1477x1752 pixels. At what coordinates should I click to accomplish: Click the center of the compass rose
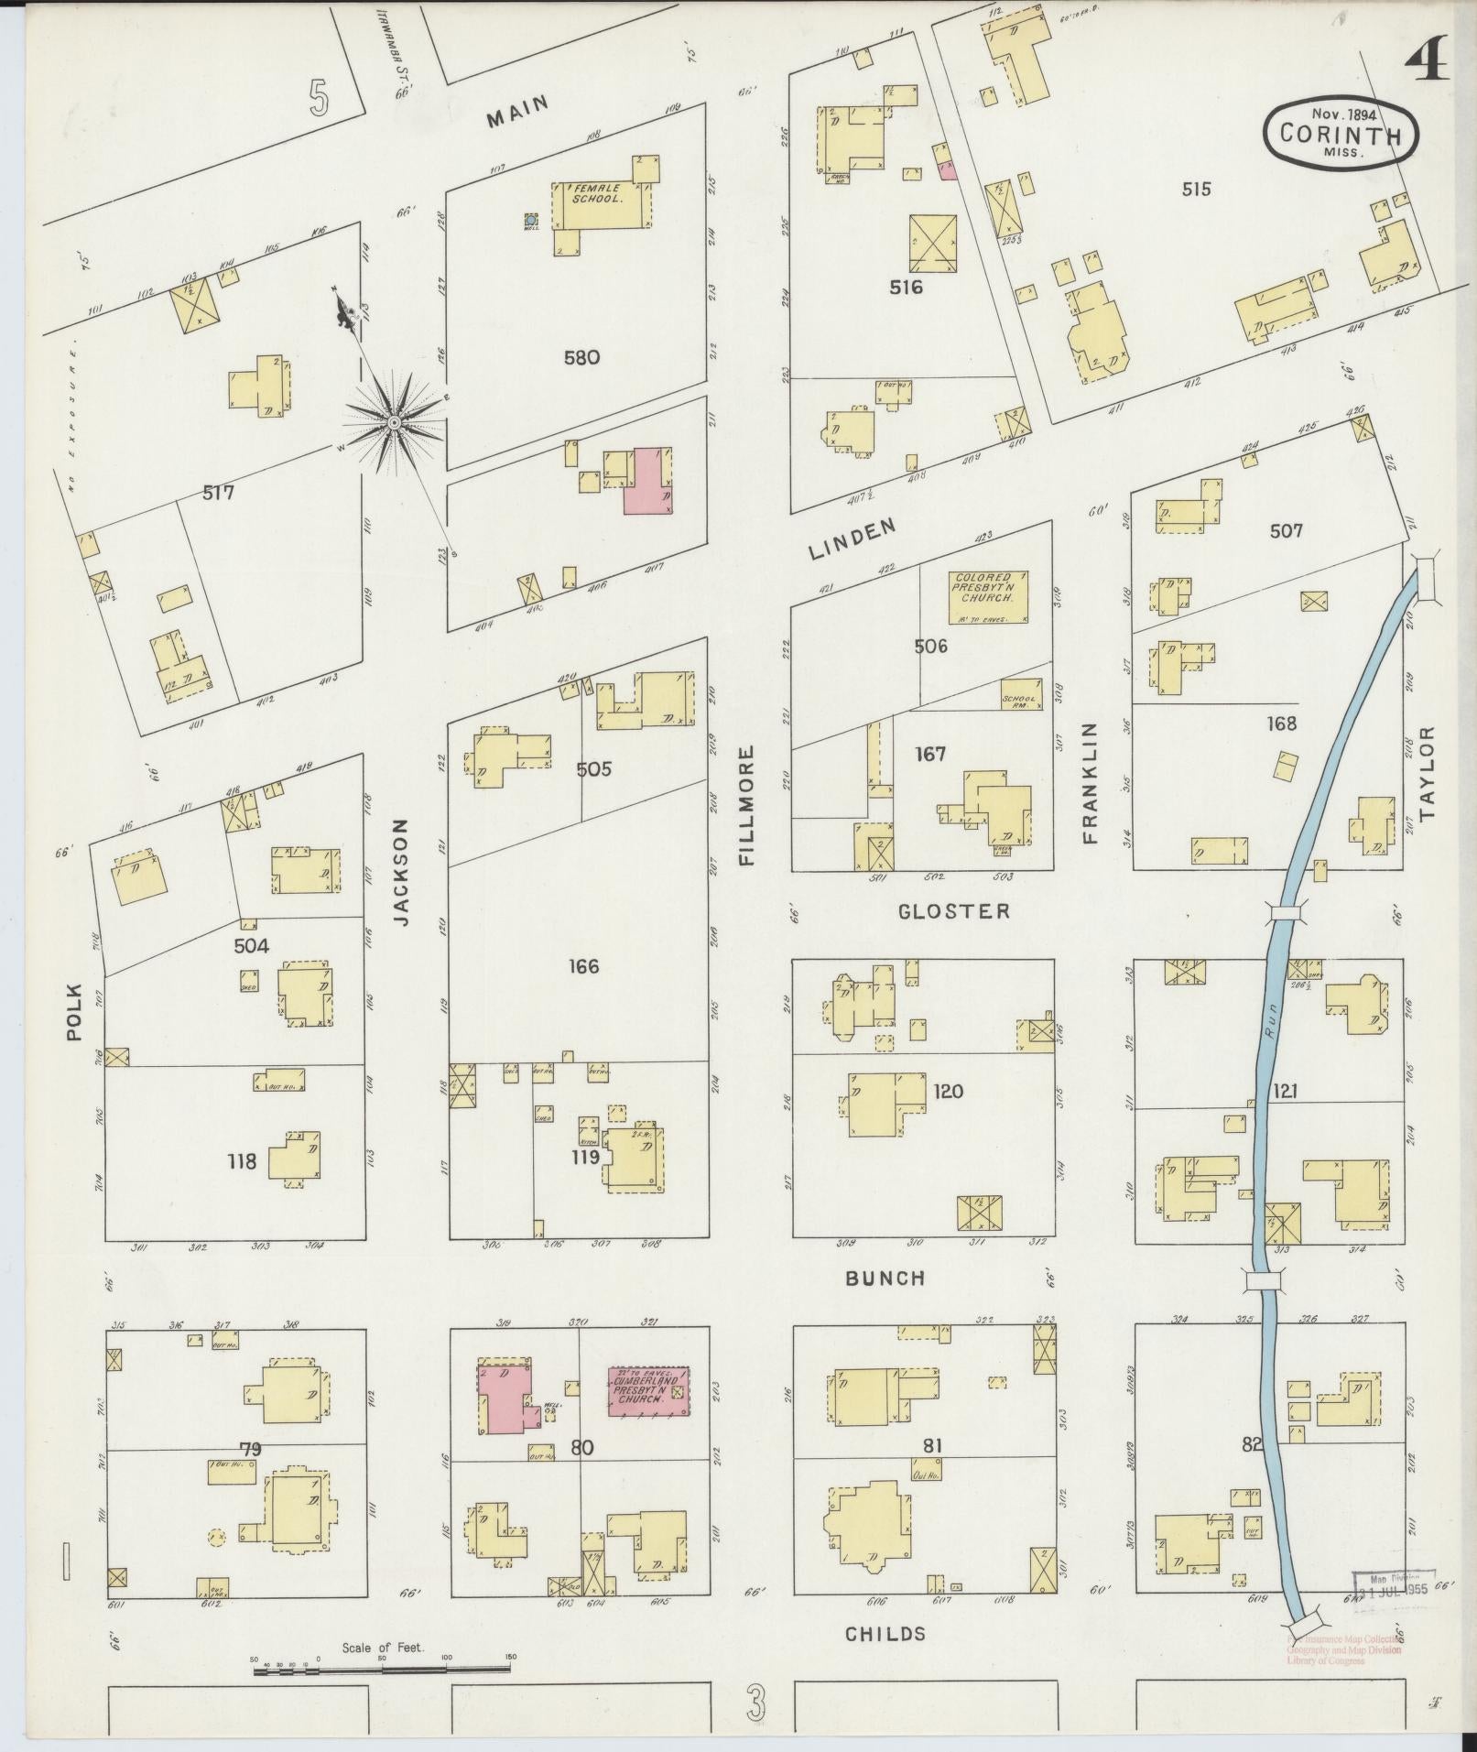click(x=394, y=422)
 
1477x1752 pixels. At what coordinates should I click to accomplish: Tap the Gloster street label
click(x=953, y=911)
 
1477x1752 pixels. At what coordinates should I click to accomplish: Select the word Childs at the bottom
click(x=885, y=1633)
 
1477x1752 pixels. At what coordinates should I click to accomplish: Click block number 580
click(x=581, y=357)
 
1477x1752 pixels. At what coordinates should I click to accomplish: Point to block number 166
click(x=582, y=966)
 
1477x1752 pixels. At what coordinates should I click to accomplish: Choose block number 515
click(x=1196, y=190)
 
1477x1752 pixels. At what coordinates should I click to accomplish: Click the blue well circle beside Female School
click(x=530, y=220)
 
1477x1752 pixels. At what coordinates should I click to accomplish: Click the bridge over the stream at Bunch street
click(x=1262, y=1280)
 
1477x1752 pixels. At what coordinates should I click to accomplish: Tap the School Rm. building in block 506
click(x=1022, y=694)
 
